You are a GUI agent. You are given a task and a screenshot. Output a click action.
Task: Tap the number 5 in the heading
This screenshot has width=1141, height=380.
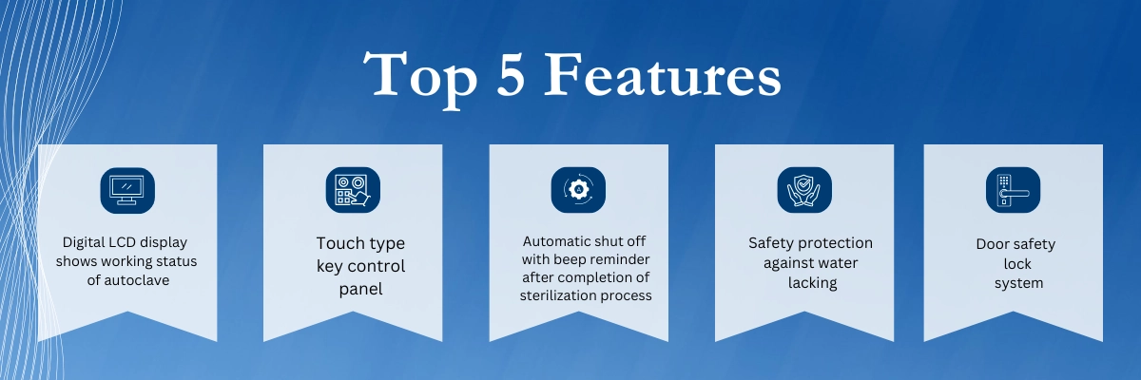point(511,74)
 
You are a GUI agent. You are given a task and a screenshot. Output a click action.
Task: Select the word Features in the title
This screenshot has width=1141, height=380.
point(663,74)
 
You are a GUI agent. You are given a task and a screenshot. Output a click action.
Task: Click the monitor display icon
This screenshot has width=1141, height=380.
point(127,190)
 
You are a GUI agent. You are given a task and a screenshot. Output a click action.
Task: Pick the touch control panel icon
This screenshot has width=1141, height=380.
point(353,190)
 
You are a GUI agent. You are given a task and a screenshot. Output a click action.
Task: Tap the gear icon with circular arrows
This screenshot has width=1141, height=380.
point(578,190)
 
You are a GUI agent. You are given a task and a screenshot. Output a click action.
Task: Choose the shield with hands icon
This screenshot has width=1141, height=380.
point(804,190)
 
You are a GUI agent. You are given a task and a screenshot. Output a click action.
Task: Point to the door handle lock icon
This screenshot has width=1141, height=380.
point(1014,190)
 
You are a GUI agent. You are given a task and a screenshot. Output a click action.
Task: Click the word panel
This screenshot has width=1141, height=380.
point(360,289)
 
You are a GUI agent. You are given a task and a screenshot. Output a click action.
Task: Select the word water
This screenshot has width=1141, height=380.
point(839,263)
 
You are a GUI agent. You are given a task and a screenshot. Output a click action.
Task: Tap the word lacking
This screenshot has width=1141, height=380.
point(812,283)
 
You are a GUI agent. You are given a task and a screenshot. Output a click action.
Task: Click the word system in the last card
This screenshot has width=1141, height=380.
point(1018,283)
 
